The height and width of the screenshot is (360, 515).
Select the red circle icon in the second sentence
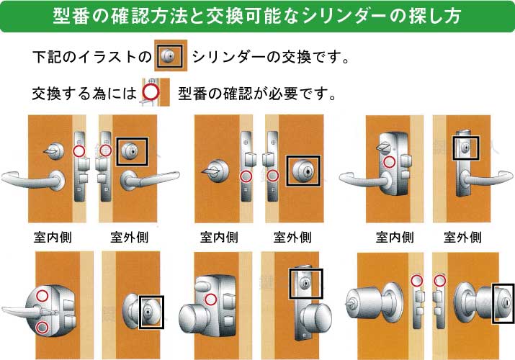click(150, 92)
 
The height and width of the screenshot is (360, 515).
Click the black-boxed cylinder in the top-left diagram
click(131, 151)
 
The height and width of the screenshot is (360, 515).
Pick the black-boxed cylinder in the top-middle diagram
click(303, 171)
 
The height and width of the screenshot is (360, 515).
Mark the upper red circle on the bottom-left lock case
click(42, 295)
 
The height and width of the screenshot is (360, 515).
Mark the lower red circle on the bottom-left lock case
click(42, 328)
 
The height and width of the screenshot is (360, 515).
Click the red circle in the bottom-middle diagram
click(210, 300)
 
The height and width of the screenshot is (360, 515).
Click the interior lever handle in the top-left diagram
click(32, 176)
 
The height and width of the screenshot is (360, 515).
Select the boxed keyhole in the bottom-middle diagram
click(306, 283)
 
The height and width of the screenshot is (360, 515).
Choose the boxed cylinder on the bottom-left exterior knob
click(151, 311)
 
